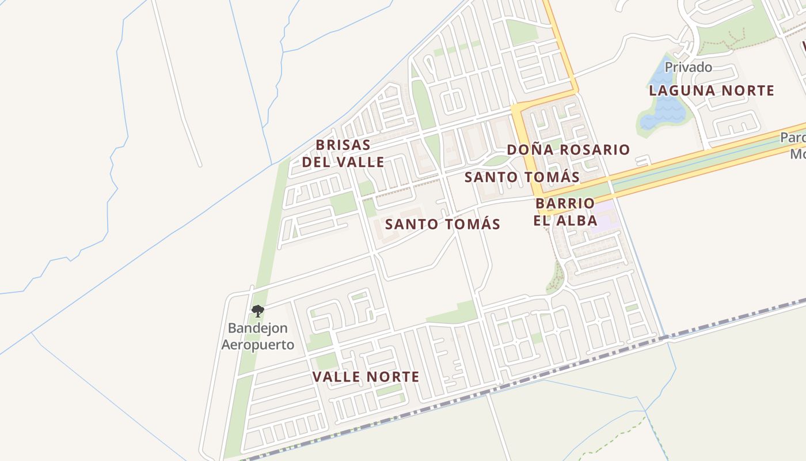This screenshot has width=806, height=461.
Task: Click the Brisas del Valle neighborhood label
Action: (x=343, y=153)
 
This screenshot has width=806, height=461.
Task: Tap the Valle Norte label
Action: (x=366, y=377)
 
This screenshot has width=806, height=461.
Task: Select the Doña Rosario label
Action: (x=568, y=150)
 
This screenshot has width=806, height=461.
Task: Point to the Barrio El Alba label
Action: (x=565, y=211)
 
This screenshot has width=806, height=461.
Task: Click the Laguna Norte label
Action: (x=712, y=90)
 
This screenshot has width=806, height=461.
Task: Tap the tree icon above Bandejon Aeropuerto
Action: (x=257, y=311)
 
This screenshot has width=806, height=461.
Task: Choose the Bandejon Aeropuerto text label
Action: (x=258, y=337)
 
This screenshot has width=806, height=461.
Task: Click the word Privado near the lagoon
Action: (x=688, y=67)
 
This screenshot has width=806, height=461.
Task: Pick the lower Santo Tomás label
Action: (x=443, y=224)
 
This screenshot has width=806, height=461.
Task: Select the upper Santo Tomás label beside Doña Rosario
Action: (x=522, y=177)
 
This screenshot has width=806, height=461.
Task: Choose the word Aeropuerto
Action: (x=258, y=345)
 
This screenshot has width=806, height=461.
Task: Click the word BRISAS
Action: (x=343, y=145)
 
